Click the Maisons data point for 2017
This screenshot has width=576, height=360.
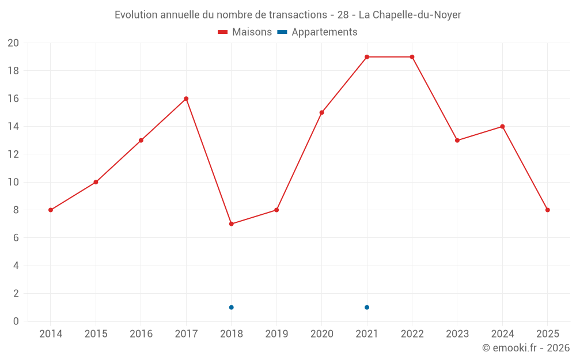click(x=186, y=98)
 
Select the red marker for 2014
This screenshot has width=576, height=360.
click(x=51, y=210)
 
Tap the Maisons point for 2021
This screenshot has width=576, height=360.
click(x=367, y=57)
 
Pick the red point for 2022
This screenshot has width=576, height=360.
click(x=412, y=57)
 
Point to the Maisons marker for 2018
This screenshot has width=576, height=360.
click(x=231, y=223)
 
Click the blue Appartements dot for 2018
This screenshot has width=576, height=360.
click(x=231, y=307)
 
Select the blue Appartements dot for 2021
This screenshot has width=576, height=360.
click(x=367, y=307)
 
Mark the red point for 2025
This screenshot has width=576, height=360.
click(x=547, y=210)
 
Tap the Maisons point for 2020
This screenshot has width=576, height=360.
click(x=321, y=112)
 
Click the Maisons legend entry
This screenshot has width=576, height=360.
click(x=245, y=32)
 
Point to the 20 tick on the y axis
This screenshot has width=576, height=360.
click(x=13, y=43)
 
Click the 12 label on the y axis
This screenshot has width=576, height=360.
click(x=13, y=154)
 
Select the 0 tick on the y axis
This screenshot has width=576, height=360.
click(x=16, y=321)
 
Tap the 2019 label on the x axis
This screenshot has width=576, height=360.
click(x=276, y=334)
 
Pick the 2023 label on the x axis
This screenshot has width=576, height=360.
click(x=457, y=334)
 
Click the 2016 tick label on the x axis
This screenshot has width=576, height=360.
click(x=141, y=334)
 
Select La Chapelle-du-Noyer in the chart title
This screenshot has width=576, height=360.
click(x=410, y=15)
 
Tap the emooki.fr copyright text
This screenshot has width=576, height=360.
click(x=526, y=348)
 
